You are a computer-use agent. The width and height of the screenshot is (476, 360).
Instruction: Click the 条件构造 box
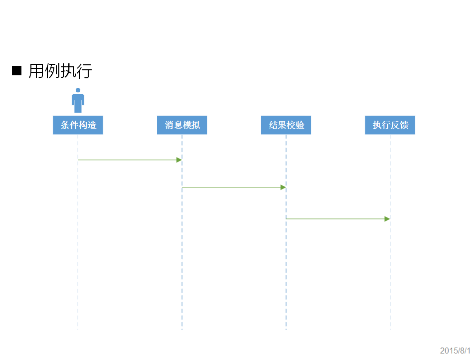click(78, 125)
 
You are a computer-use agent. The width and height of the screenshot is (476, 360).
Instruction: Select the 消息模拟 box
click(182, 125)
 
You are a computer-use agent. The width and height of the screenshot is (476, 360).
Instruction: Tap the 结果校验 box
click(286, 125)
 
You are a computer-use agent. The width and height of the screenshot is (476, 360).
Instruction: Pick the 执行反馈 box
click(390, 125)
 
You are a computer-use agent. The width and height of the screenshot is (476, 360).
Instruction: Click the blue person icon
click(78, 101)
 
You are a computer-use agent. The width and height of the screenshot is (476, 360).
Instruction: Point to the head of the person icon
click(78, 90)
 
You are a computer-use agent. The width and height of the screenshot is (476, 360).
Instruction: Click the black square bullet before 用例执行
click(17, 71)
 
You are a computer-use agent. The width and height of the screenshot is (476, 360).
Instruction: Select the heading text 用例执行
click(60, 71)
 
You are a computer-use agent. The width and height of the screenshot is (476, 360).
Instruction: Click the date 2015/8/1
click(455, 351)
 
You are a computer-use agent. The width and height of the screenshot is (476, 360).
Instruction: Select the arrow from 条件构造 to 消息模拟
click(130, 160)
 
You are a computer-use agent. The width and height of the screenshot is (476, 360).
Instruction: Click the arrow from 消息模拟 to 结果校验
click(233, 187)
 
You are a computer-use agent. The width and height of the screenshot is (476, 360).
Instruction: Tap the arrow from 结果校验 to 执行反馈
click(337, 219)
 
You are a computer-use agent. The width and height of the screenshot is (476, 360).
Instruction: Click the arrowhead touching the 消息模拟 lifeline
click(179, 160)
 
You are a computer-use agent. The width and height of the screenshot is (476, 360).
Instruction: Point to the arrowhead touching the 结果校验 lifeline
click(283, 187)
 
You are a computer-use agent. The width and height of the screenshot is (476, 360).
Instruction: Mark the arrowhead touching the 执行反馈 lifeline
click(387, 219)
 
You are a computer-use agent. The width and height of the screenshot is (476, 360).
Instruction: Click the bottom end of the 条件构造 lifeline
click(78, 329)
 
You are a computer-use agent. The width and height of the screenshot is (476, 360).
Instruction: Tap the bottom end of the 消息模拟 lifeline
click(182, 329)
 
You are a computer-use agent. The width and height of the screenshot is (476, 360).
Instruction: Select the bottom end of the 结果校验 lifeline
click(286, 329)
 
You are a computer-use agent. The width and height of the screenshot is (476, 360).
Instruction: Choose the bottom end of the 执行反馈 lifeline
click(390, 329)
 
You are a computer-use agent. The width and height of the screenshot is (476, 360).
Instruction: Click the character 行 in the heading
click(84, 71)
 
